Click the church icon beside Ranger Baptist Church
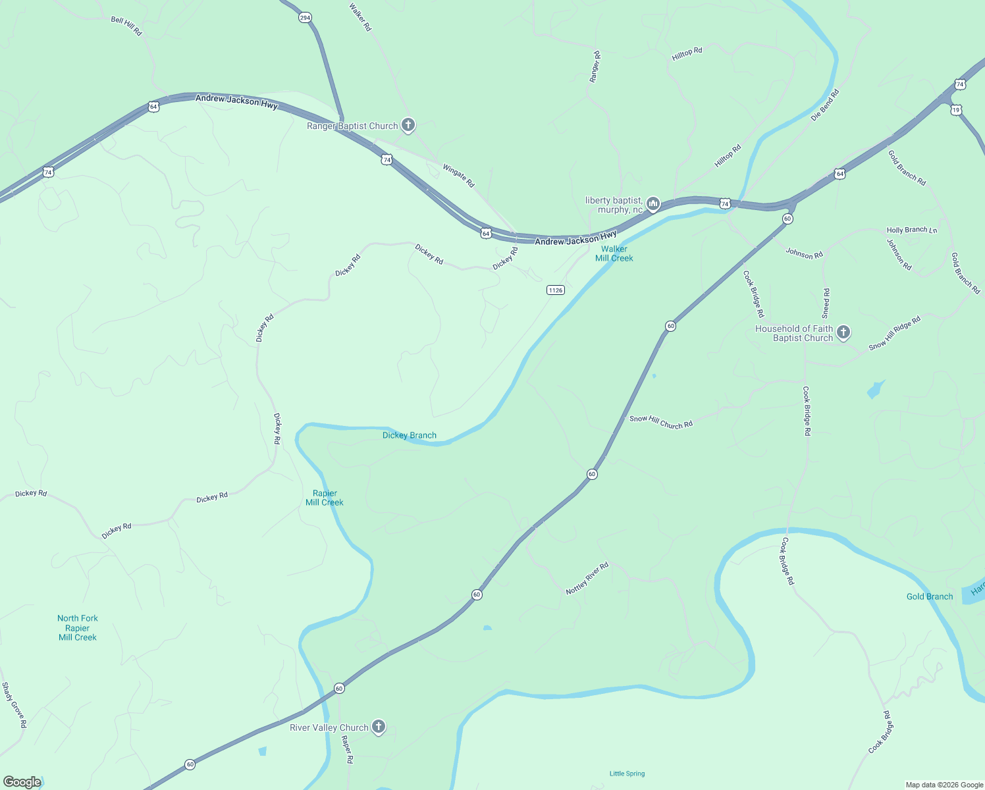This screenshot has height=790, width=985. [x=408, y=124]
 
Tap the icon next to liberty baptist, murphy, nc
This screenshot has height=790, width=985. [x=653, y=204]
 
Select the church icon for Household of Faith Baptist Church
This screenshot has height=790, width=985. [x=843, y=332]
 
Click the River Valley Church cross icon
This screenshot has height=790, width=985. [x=379, y=727]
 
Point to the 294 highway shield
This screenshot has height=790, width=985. [x=305, y=18]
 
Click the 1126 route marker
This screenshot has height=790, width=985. [x=556, y=290]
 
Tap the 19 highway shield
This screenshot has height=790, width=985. [x=956, y=110]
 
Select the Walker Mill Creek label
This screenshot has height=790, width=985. [x=614, y=253]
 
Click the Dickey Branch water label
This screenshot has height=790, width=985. [x=409, y=435]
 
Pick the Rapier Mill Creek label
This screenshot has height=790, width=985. [x=325, y=498]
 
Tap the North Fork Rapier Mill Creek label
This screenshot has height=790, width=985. [x=77, y=627]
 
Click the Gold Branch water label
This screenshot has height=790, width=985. [x=929, y=596]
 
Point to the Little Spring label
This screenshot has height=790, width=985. [x=627, y=774]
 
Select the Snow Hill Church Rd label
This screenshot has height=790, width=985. [x=661, y=422]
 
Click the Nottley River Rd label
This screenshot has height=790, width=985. [x=587, y=579]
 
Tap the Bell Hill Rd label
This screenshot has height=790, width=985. [x=126, y=26]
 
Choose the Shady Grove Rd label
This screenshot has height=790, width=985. [x=14, y=705]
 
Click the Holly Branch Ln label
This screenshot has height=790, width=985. [x=911, y=230]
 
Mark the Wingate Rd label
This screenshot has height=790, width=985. [x=458, y=176]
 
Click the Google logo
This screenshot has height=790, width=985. [x=22, y=782]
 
